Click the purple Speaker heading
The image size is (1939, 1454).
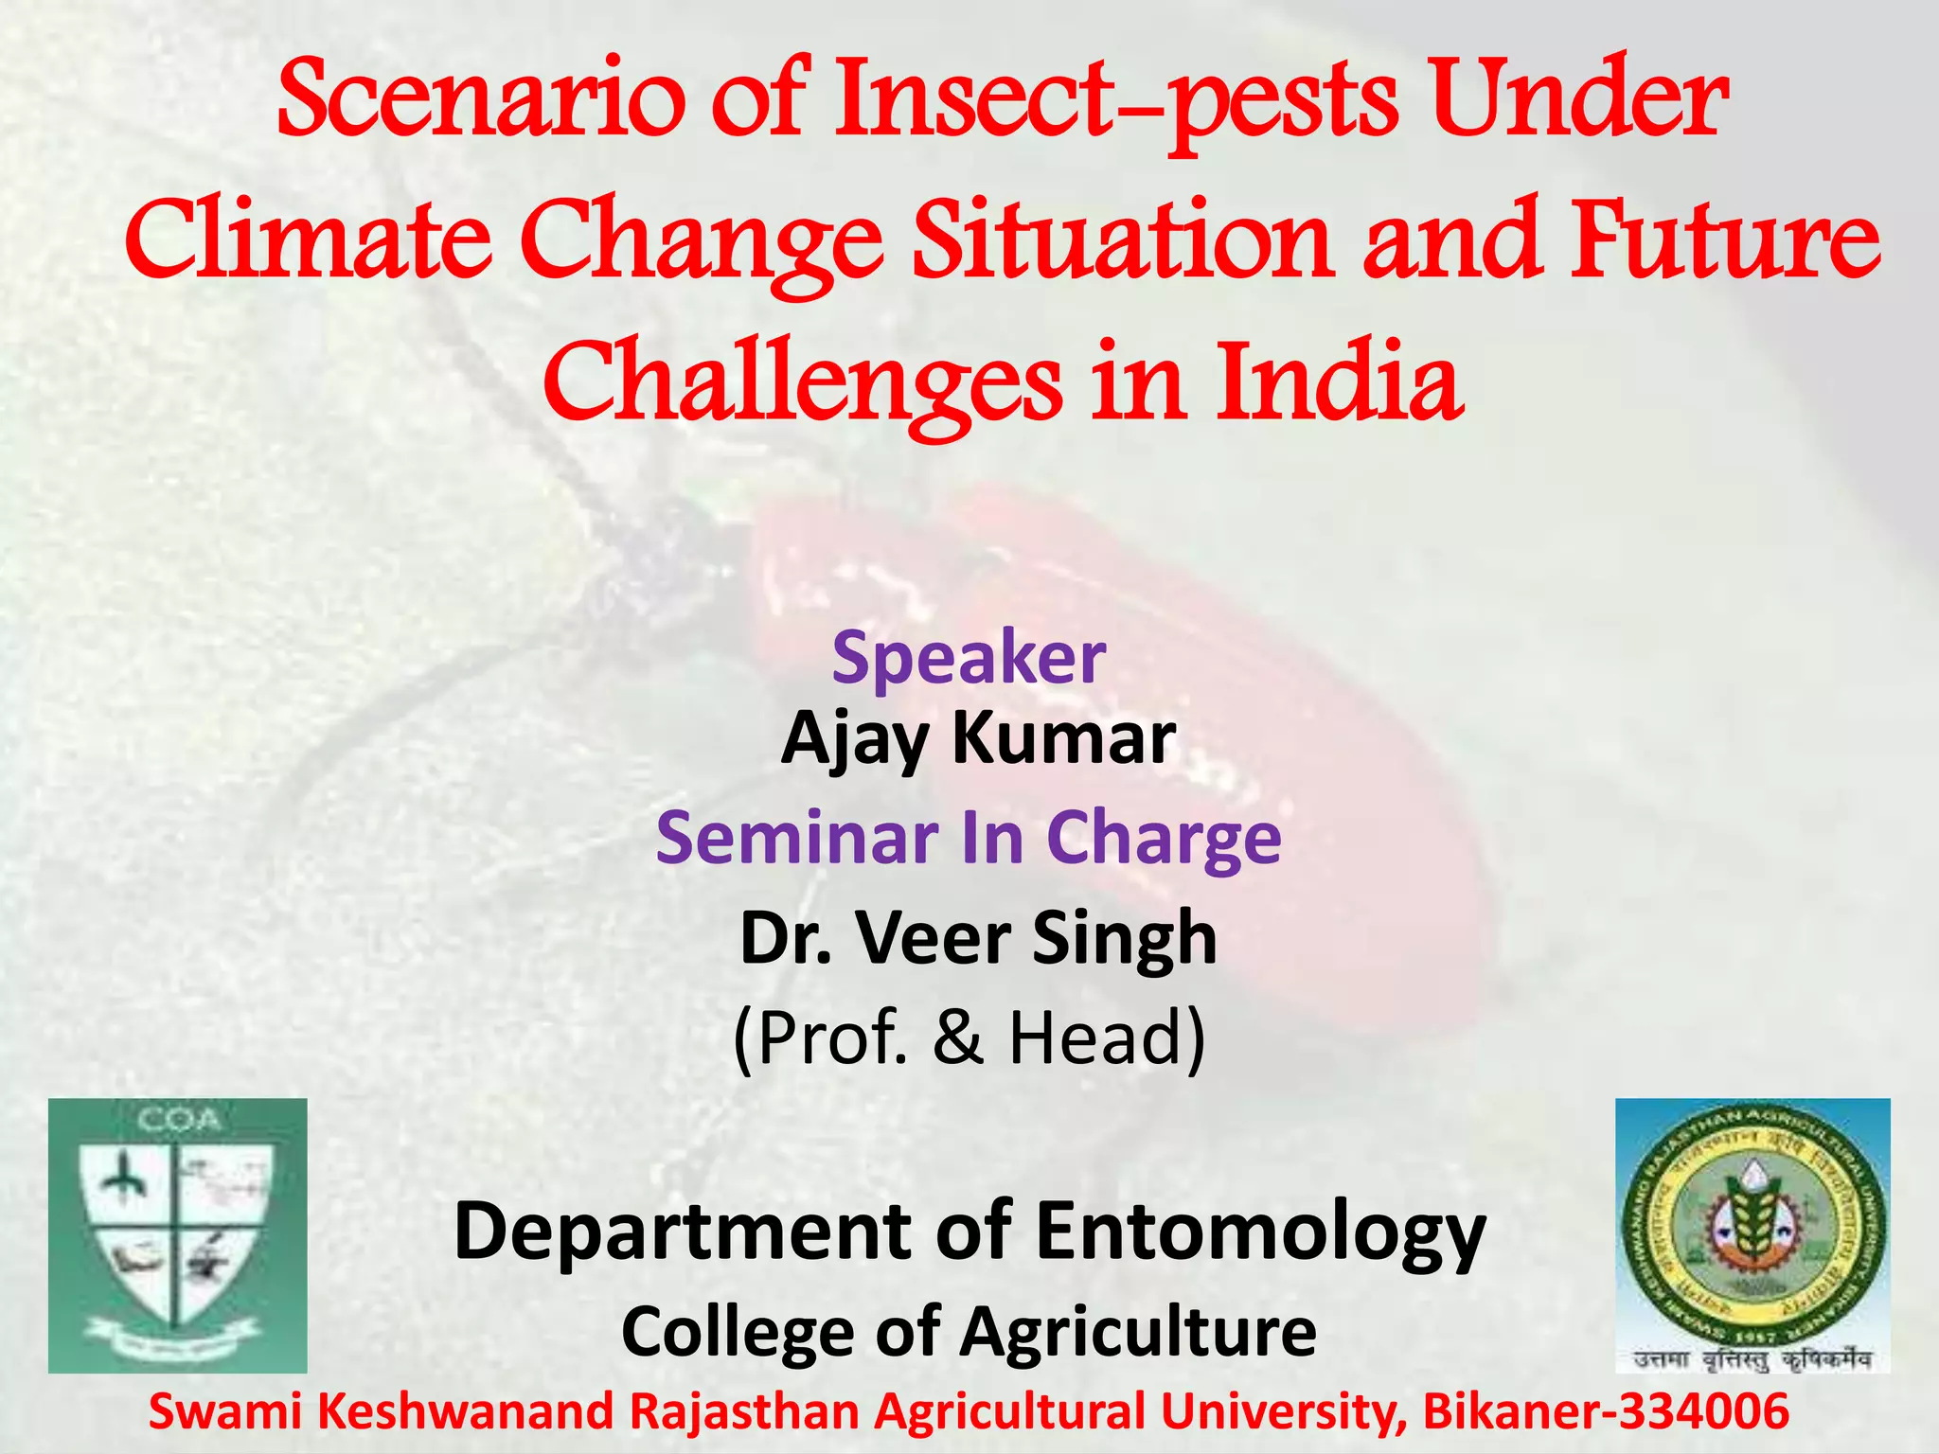click(969, 657)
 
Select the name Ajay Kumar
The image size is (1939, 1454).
click(978, 738)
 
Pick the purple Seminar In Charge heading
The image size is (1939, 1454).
click(969, 838)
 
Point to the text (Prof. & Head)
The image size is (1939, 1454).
click(969, 1037)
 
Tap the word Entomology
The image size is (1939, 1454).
click(1260, 1232)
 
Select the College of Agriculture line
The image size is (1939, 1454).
click(969, 1331)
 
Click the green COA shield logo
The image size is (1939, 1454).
click(178, 1235)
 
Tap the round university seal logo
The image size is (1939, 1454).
click(1752, 1227)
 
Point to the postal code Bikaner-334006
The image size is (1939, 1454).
click(1606, 1411)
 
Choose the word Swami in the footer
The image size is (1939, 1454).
click(225, 1411)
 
